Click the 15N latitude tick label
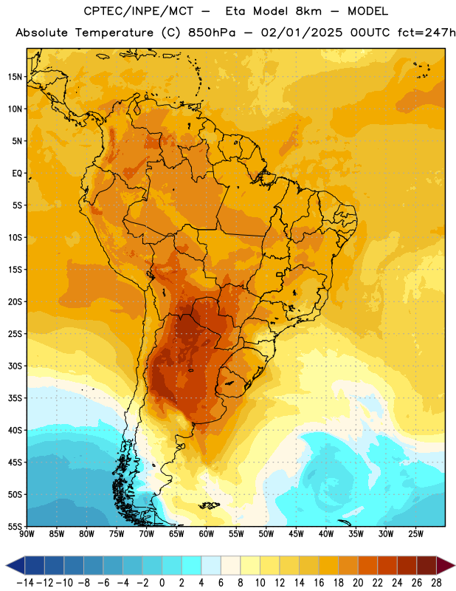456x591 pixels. click(x=15, y=77)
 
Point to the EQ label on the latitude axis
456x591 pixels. click(x=17, y=174)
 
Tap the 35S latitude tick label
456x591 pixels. click(x=15, y=398)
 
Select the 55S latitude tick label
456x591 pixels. click(x=15, y=526)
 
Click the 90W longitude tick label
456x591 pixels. click(x=27, y=534)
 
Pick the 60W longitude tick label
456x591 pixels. click(x=207, y=534)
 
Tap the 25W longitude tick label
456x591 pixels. click(x=415, y=534)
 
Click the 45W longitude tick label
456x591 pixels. click(x=296, y=534)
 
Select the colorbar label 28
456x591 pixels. click(x=436, y=583)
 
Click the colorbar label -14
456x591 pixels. click(x=25, y=583)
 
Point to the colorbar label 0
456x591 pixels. click(x=162, y=583)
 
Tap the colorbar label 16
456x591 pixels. click(x=319, y=583)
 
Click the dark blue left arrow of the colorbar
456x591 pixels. click(x=15, y=566)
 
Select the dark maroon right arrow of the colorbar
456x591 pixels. click(x=446, y=566)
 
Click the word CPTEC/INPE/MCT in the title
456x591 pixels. click(x=138, y=11)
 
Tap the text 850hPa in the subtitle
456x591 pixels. click(x=212, y=33)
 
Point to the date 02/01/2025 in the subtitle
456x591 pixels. click(x=302, y=33)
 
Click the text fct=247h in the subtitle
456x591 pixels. click(x=426, y=33)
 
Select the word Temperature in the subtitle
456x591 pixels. click(x=114, y=33)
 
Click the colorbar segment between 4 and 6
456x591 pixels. click(x=211, y=566)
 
